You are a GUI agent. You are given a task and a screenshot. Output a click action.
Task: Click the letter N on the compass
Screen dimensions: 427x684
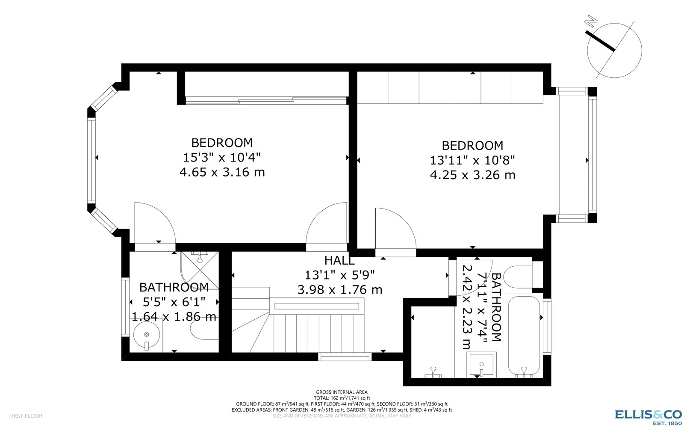592,21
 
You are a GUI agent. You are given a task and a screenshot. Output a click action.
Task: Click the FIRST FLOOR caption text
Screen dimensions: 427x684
26,416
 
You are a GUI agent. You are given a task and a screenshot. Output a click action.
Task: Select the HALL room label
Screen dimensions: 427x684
339,260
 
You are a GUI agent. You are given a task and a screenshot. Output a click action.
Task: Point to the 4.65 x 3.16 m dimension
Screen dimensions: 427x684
222,172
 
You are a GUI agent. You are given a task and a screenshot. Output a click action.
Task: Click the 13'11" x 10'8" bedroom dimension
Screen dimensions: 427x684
472,160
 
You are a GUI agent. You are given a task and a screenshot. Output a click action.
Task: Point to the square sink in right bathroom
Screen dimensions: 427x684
482,365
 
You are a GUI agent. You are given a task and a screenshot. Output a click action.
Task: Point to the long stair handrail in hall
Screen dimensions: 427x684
317,306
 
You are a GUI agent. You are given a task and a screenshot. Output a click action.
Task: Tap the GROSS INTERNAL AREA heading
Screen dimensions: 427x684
342,392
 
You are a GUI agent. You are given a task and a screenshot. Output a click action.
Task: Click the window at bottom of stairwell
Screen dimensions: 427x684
345,356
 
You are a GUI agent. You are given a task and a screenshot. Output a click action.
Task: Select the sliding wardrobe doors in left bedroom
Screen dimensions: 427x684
266,100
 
